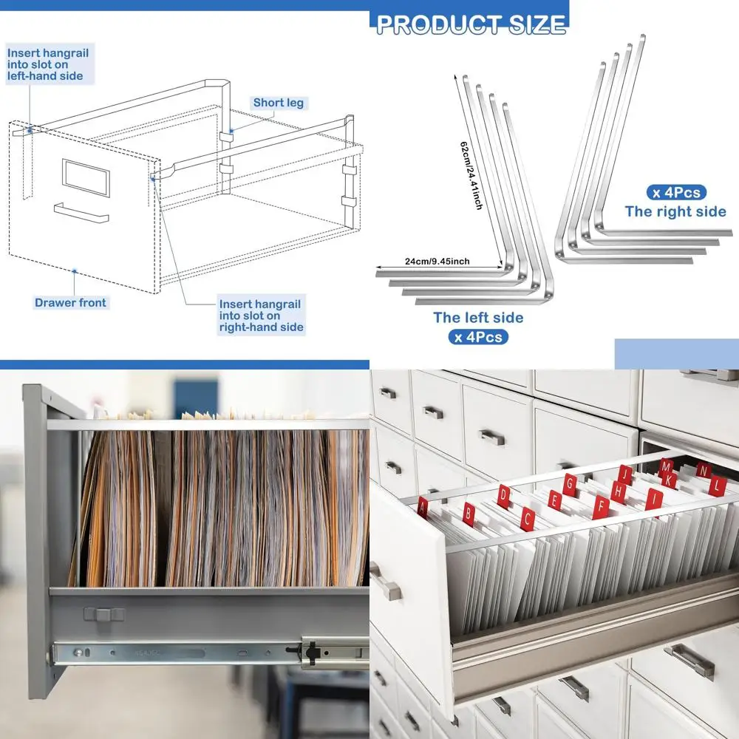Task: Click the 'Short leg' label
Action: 278,103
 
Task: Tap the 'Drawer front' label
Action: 70,302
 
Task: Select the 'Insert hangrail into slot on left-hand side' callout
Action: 45,64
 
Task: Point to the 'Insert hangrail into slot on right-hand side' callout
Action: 260,316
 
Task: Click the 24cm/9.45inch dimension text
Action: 437,261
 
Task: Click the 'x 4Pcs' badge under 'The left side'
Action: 478,338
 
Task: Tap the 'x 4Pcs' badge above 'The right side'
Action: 675,192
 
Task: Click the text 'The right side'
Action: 675,211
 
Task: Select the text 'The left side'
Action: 478,318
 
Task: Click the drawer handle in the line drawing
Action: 81,214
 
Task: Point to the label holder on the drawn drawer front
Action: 86,177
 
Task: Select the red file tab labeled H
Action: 618,491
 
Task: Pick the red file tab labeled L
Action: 715,486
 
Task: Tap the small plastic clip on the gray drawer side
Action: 104,613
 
